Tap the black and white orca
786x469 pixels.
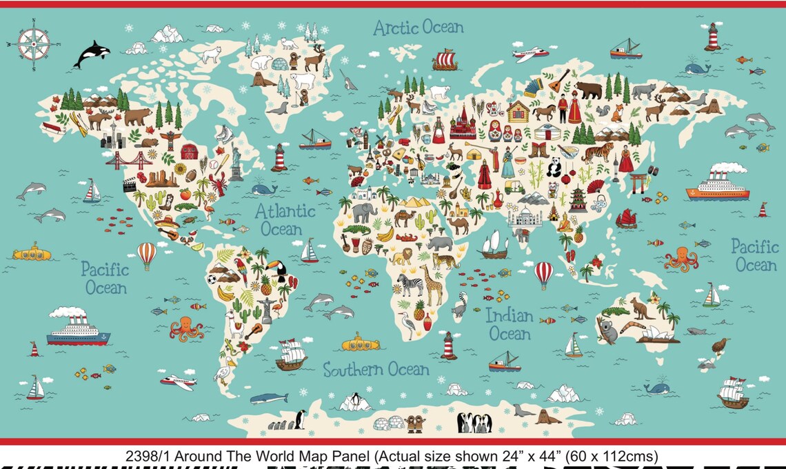pos(91,53)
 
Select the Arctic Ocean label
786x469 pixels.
pos(418,28)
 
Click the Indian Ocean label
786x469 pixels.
pos(510,325)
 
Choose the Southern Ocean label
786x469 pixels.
pos(376,370)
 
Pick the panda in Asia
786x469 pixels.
pos(553,168)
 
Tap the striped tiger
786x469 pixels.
pos(596,151)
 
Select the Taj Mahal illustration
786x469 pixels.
pos(525,217)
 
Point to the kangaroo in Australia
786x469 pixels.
pos(642,308)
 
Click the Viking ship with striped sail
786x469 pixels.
pos(445,59)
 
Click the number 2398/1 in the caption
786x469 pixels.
pos(145,456)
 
